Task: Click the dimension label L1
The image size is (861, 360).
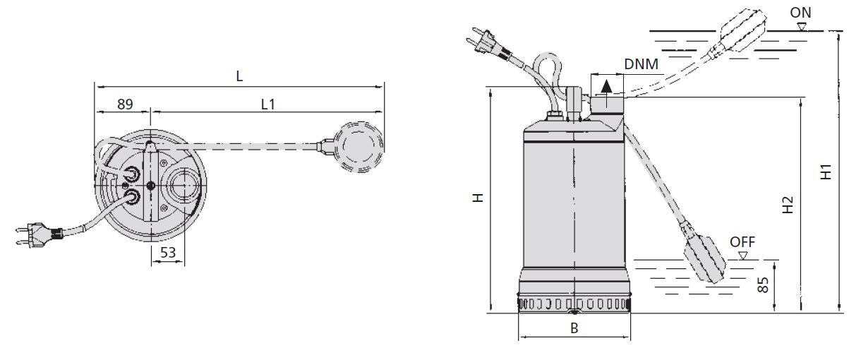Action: (x=268, y=104)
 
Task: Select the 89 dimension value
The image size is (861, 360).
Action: (x=125, y=104)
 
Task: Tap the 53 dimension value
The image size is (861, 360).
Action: (x=167, y=253)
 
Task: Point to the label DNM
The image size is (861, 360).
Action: (x=641, y=64)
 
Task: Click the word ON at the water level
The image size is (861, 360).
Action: (x=800, y=13)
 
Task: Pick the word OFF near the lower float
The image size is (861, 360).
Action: (x=742, y=242)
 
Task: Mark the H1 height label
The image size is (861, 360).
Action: (x=826, y=172)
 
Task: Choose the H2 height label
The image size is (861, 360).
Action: (x=788, y=205)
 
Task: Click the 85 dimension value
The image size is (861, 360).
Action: (x=763, y=285)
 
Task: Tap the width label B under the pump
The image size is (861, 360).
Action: (x=574, y=328)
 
